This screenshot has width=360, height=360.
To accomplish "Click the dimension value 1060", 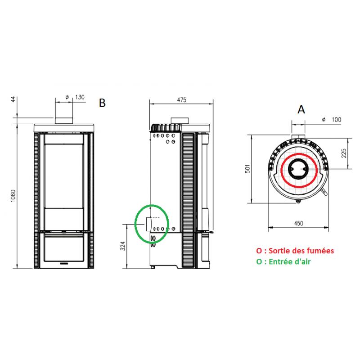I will [x=13, y=195].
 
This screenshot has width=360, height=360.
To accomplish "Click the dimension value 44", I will [x=13, y=99].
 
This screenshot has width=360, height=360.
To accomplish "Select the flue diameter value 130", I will [x=80, y=97].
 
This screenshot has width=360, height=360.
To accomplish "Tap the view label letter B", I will [x=102, y=103].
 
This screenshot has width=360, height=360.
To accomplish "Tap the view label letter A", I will [x=301, y=109].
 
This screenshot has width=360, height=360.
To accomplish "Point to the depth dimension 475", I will [x=181, y=99].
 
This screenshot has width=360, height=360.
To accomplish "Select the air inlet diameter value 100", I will [x=336, y=120].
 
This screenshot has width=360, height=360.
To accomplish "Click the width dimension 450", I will [x=298, y=223].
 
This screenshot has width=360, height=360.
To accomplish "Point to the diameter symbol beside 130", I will [x=67, y=97].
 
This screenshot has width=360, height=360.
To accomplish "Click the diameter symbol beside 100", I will [x=324, y=120].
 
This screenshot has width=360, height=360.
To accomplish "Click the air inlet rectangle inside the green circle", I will [x=149, y=223].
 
